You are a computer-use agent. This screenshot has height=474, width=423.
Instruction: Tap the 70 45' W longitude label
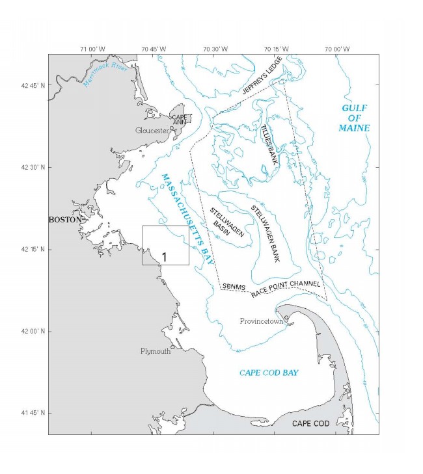[154, 49]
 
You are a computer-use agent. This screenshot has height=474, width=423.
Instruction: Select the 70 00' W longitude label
[337, 49]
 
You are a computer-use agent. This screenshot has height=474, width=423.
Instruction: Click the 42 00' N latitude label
[33, 331]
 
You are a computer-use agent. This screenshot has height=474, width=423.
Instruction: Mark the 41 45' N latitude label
[33, 413]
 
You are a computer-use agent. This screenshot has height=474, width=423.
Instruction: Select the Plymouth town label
[156, 351]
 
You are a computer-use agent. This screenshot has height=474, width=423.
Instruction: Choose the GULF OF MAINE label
[353, 118]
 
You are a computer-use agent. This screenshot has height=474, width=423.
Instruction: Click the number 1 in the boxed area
[165, 257]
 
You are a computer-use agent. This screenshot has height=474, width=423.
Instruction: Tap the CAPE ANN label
[180, 120]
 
